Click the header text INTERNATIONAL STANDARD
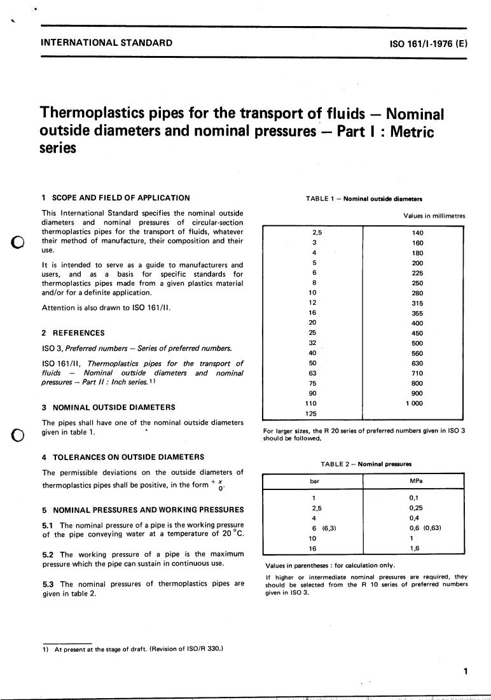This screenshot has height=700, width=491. [106, 43]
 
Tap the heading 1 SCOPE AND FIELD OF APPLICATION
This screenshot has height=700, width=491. [115, 198]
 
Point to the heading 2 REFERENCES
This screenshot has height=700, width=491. [73, 332]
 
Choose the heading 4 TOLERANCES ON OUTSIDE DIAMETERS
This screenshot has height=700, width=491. [123, 456]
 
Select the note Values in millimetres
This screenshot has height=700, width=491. [434, 216]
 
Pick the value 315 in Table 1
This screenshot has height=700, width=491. [417, 304]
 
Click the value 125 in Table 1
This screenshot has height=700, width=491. [312, 413]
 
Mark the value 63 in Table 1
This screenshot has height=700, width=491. [312, 373]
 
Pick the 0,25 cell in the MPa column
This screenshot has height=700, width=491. [417, 508]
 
